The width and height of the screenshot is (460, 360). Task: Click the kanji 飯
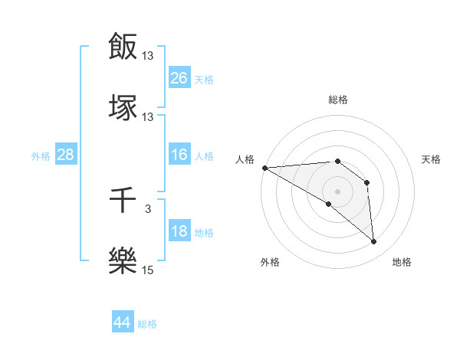pyautogui.click(x=123, y=46)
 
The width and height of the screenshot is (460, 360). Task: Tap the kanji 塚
pyautogui.click(x=123, y=106)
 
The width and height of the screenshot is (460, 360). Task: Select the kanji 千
pyautogui.click(x=123, y=201)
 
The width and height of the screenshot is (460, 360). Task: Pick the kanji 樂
pyautogui.click(x=123, y=260)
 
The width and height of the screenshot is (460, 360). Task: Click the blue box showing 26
pyautogui.click(x=179, y=78)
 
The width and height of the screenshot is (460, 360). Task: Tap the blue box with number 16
pyautogui.click(x=179, y=155)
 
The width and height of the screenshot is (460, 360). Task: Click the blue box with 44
pyautogui.click(x=122, y=322)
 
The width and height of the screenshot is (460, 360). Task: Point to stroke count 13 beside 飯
pyautogui.click(x=148, y=56)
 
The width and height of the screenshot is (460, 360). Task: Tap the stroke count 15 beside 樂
pyautogui.click(x=148, y=270)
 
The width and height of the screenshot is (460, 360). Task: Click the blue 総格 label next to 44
pyautogui.click(x=147, y=324)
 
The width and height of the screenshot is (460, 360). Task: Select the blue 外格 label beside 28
pyautogui.click(x=41, y=156)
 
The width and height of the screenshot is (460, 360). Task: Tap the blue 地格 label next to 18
pyautogui.click(x=204, y=233)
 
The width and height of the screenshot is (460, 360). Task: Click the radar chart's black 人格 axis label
pyautogui.click(x=245, y=159)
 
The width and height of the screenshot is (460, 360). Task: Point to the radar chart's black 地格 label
pyautogui.click(x=402, y=262)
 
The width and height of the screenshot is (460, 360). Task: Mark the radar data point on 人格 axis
pyautogui.click(x=264, y=168)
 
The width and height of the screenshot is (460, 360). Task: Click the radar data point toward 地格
pyautogui.click(x=374, y=242)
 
